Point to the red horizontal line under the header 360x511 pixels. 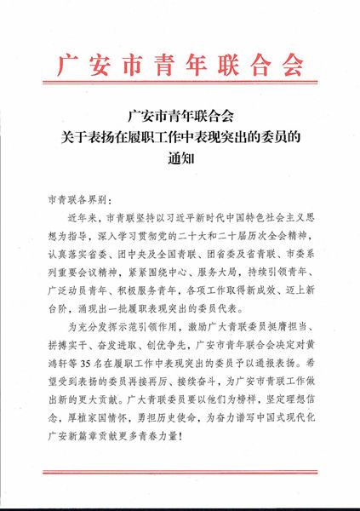pyautogui.click(x=179, y=89)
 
